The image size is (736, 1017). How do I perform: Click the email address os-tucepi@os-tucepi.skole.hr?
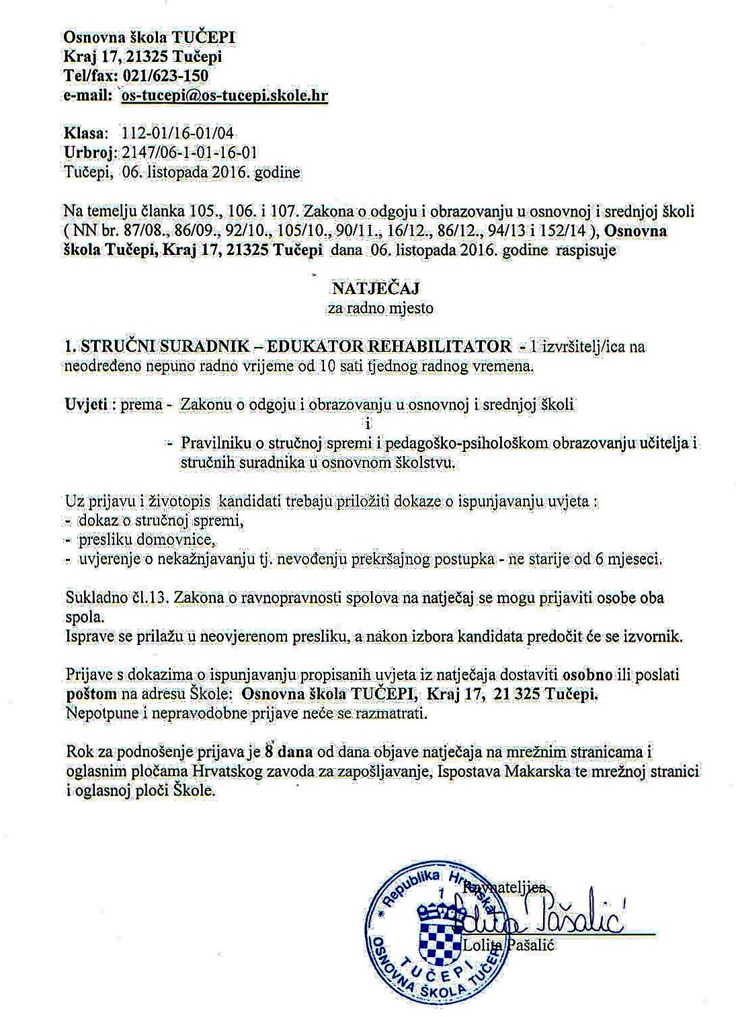[224, 96]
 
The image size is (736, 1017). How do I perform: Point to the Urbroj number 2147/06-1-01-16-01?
[190, 153]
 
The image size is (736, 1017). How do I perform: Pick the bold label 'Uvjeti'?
[87, 405]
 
